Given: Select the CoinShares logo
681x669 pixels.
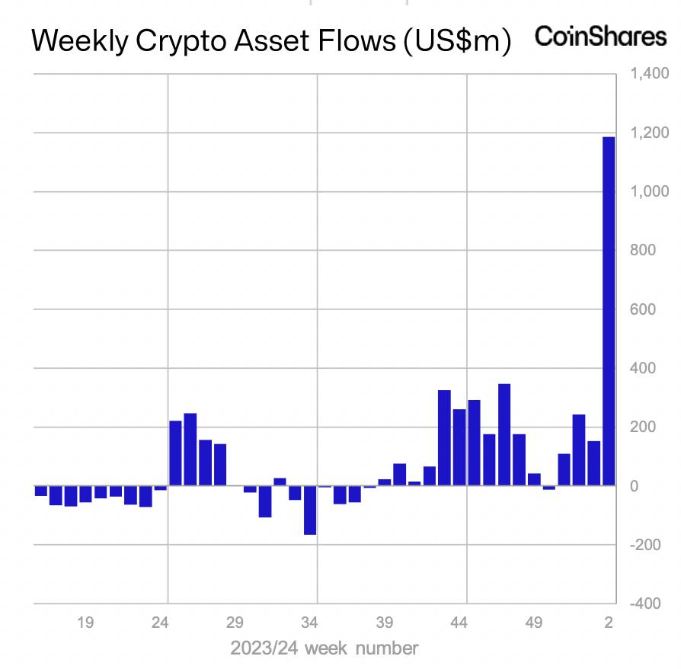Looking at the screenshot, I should click(600, 37).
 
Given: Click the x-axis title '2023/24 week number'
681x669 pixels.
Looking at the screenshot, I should click(325, 648).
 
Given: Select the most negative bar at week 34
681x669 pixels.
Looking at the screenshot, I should click(309, 510).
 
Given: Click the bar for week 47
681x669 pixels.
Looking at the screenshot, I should click(504, 434).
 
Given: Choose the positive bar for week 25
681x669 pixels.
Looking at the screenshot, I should click(175, 453).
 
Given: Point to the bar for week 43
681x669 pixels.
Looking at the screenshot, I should click(444, 437).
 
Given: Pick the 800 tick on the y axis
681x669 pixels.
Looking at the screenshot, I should click(644, 251).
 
